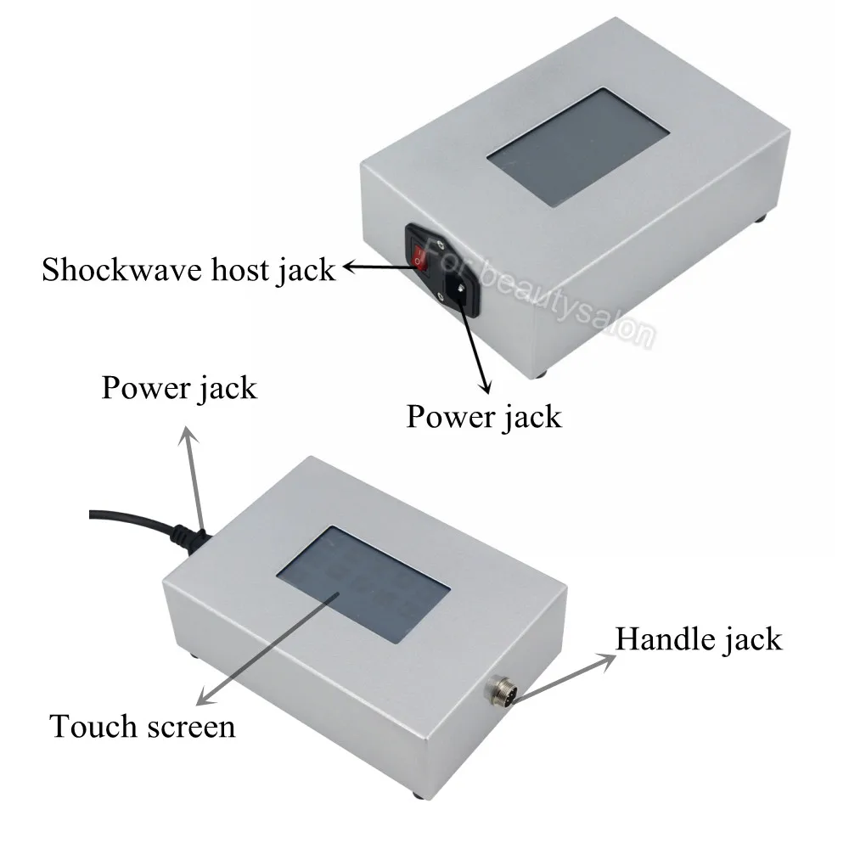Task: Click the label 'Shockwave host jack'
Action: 189,271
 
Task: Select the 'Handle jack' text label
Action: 698,638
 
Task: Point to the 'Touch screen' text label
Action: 142,726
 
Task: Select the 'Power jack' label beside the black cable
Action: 178,388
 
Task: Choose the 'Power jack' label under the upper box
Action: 483,417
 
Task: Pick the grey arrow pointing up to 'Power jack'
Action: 194,475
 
